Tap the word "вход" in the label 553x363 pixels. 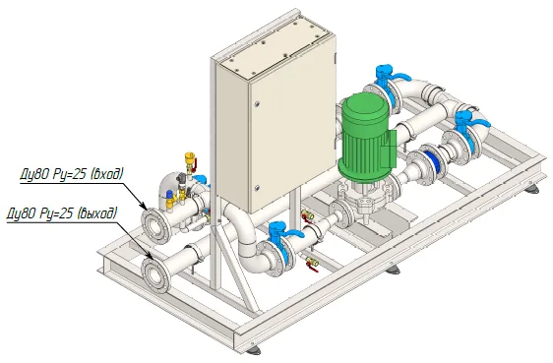point(108,174)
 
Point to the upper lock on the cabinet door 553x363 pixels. point(257,104)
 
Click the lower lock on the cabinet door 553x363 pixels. point(257,188)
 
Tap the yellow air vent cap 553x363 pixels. point(190,155)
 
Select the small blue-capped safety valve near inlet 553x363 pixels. point(169,194)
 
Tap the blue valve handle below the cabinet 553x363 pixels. point(284,231)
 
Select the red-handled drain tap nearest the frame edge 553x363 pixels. point(312,264)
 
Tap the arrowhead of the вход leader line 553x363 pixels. point(144,207)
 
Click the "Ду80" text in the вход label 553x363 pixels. point(33,175)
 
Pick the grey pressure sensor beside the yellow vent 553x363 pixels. point(181,179)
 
